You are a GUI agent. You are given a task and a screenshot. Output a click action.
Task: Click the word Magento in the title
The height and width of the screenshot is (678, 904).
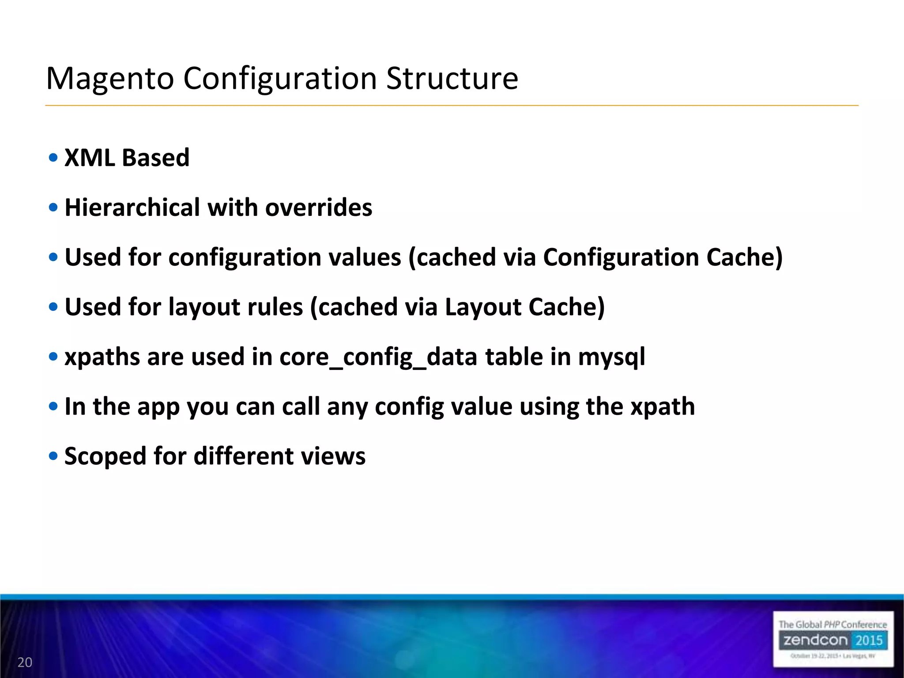(110, 79)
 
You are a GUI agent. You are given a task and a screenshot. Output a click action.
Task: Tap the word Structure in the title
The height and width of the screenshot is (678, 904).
(452, 79)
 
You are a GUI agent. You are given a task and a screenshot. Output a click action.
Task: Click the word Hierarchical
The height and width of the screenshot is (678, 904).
(132, 207)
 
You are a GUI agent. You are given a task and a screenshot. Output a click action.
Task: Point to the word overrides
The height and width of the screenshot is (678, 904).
(318, 207)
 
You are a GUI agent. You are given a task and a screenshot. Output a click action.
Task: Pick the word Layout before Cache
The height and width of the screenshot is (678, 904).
(483, 307)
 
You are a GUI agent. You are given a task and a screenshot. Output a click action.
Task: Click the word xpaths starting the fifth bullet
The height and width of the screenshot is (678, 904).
(102, 358)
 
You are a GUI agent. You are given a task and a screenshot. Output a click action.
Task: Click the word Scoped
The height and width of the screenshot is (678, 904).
(105, 456)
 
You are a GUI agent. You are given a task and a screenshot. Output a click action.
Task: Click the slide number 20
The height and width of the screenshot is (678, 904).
(25, 662)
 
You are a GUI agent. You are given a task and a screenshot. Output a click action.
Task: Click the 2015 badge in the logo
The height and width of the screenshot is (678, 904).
(869, 640)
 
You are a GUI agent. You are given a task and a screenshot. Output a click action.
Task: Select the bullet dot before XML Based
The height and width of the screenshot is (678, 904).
(53, 158)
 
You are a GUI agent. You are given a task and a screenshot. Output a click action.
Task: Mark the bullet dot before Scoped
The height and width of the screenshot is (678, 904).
(53, 456)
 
